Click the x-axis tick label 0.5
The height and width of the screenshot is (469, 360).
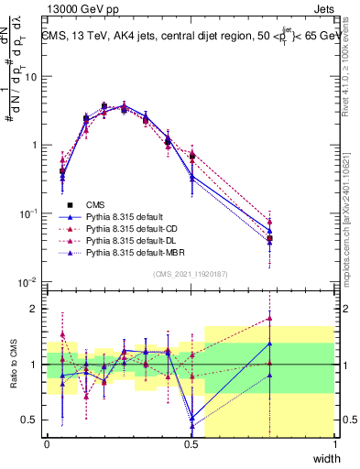tap(191, 443)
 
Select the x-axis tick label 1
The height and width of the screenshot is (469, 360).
tap(335, 443)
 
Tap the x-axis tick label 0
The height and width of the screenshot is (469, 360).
tap(47, 443)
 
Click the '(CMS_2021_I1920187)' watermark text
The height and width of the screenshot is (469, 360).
tap(191, 274)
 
